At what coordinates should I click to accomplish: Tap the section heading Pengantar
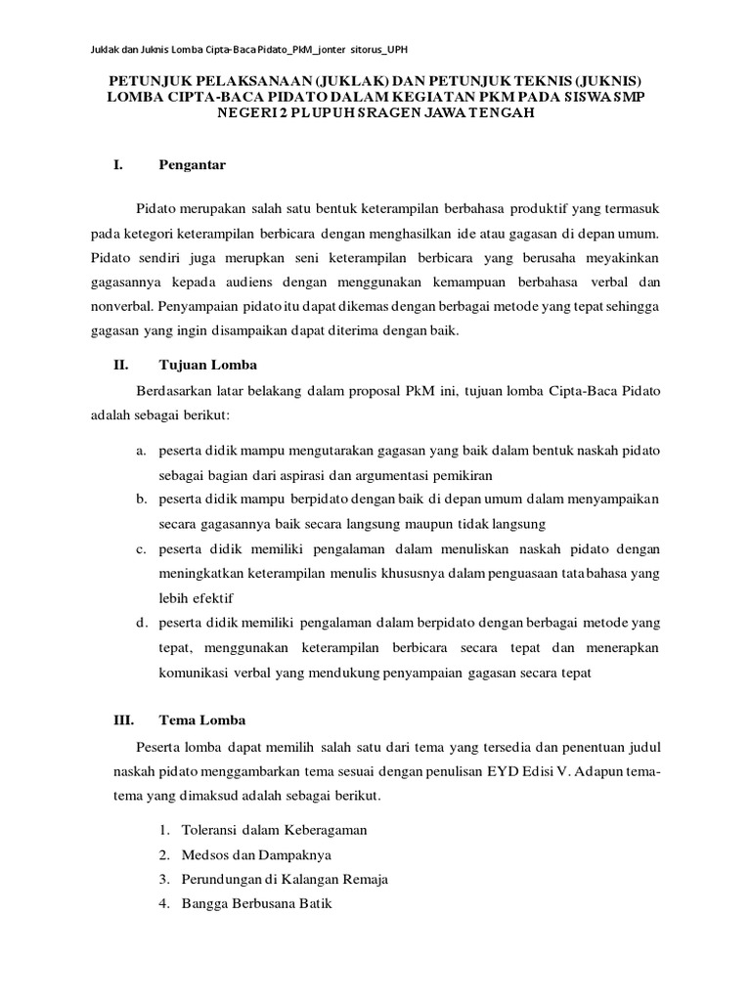tap(192, 165)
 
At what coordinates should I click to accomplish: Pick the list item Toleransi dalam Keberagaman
tap(274, 829)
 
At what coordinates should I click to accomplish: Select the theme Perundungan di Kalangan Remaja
tap(285, 879)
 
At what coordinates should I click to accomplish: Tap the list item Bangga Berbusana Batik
tap(256, 904)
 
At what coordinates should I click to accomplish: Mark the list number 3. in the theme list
tap(164, 879)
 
